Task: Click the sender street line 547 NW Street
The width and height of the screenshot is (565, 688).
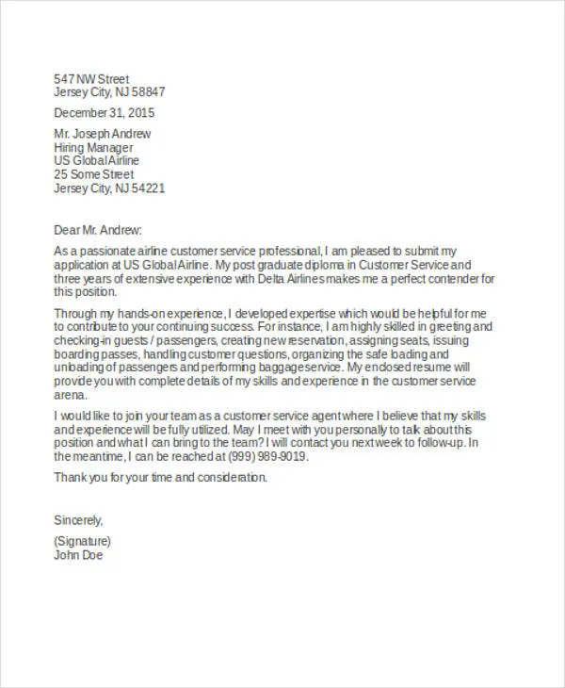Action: tap(91, 78)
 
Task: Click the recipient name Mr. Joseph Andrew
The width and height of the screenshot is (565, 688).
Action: tap(103, 134)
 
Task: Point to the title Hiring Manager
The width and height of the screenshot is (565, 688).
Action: tap(93, 148)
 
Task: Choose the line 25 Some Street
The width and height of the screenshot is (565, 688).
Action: tap(94, 174)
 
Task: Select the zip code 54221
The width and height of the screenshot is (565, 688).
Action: tap(148, 188)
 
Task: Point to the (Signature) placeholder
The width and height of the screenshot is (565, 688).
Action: tap(83, 541)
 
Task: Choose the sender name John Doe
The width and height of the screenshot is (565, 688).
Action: tap(78, 555)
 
